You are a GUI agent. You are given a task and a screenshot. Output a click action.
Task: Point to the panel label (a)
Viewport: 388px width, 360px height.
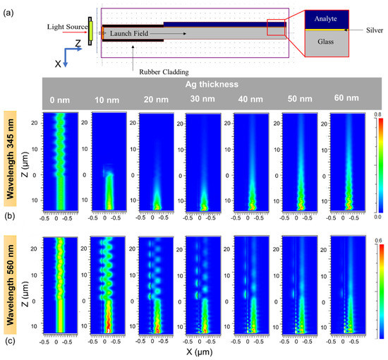coord(11,8)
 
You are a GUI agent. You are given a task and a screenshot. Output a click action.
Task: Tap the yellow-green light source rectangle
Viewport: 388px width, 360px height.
coord(91,28)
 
